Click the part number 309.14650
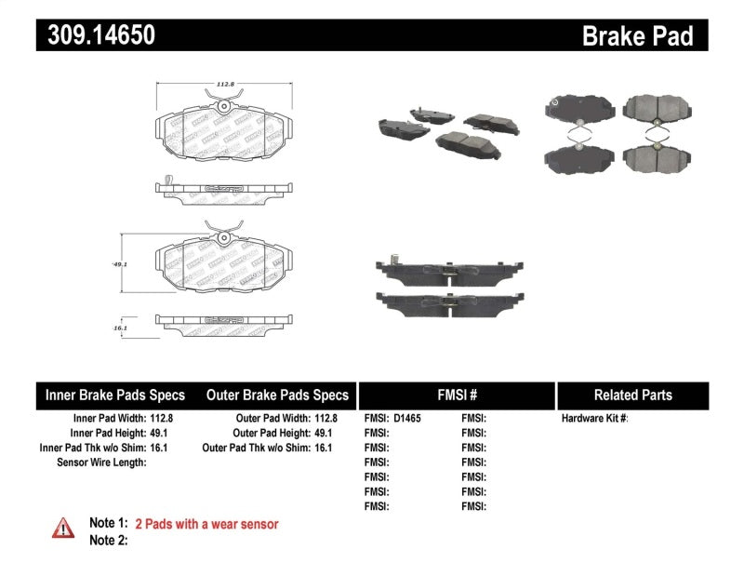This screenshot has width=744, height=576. coord(96,35)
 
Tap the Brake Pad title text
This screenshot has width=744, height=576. coord(637,35)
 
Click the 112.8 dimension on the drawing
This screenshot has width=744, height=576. coord(223,85)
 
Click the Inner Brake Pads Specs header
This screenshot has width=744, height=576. coord(115,395)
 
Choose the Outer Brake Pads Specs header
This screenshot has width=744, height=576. coord(277,395)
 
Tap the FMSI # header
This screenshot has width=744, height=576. coord(456,395)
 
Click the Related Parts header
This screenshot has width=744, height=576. coord(632,395)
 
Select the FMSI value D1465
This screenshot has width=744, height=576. coord(407,419)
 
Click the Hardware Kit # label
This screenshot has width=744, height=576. coord(594,419)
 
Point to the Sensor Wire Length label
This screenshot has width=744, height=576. coord(101,462)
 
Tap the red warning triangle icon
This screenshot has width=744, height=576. coord(63,528)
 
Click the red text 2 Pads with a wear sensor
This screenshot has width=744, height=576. coord(206,524)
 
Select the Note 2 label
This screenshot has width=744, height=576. coord(108,540)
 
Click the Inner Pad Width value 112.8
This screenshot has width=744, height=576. coord(160,419)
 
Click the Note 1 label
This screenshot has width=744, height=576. coord(108,524)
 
